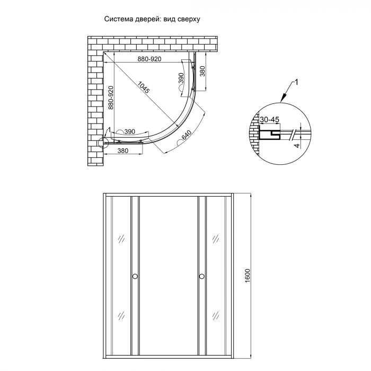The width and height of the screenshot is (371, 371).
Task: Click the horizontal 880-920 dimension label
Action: pyautogui.click(x=149, y=59)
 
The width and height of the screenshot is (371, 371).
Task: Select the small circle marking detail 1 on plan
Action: pyautogui.click(x=103, y=142)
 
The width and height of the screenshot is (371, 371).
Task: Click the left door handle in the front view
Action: pyautogui.click(x=135, y=276)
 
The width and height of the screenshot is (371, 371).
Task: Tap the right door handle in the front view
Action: pyautogui.click(x=202, y=276)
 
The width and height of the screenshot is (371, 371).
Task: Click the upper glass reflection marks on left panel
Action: pyautogui.click(x=120, y=238)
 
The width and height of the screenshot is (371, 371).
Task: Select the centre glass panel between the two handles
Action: pyautogui.click(x=168, y=276)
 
